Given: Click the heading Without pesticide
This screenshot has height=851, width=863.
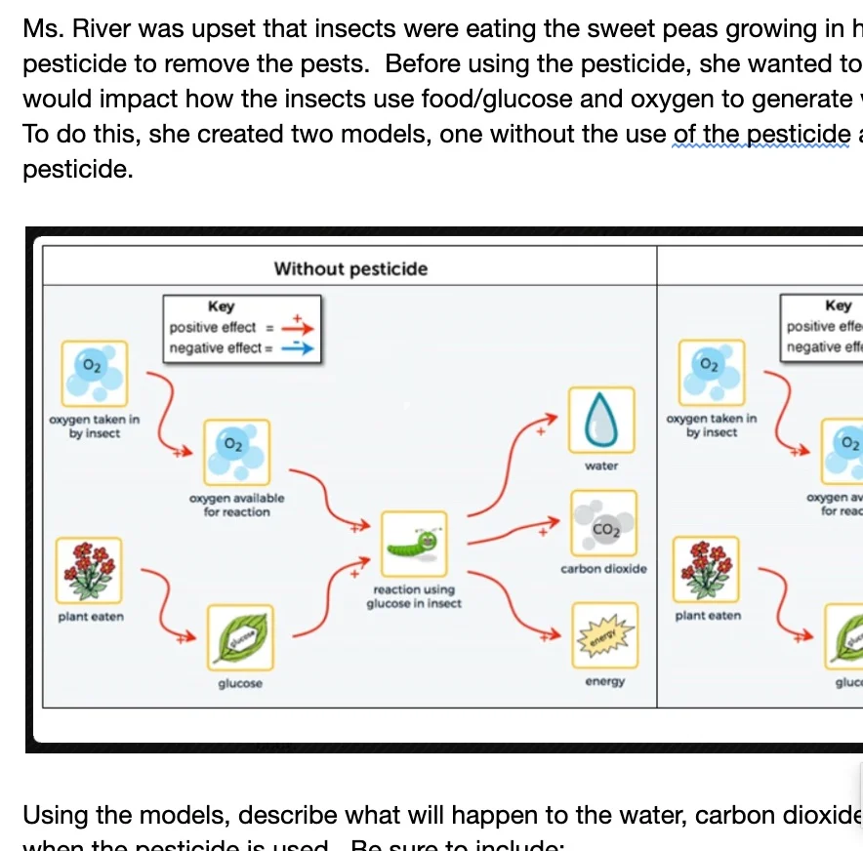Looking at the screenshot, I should click(x=350, y=268).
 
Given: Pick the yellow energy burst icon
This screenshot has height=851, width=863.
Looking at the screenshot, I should click(x=603, y=635).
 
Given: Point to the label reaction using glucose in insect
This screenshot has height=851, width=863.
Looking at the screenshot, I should click(x=414, y=596).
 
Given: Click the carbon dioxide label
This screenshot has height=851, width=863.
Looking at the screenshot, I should click(x=603, y=568).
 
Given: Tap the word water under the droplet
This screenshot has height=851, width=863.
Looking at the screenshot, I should click(x=601, y=466).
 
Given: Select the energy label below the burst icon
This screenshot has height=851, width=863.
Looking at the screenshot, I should click(x=604, y=681).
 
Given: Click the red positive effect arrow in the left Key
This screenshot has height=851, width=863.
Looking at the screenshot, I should click(x=296, y=328).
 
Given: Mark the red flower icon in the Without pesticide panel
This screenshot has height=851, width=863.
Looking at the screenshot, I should click(x=89, y=569).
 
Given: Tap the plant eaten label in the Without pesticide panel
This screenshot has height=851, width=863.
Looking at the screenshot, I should click(x=91, y=616).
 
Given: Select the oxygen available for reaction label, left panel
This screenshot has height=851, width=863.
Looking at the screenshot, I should click(x=236, y=505).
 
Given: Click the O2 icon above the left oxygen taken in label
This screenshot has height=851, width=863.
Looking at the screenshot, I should click(x=94, y=372).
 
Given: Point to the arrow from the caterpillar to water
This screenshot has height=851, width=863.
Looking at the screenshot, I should click(x=514, y=459).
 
